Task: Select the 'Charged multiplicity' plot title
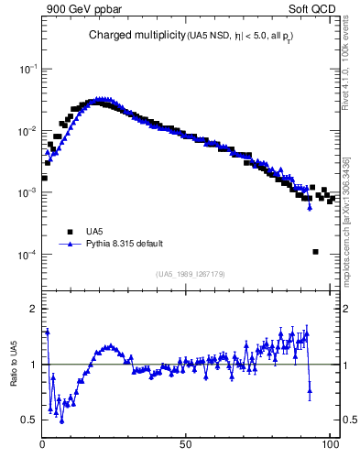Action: [x=136, y=36]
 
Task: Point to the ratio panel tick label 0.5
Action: [x=28, y=420]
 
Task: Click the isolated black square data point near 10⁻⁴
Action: [x=315, y=252]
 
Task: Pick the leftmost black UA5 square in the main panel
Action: [x=44, y=178]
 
